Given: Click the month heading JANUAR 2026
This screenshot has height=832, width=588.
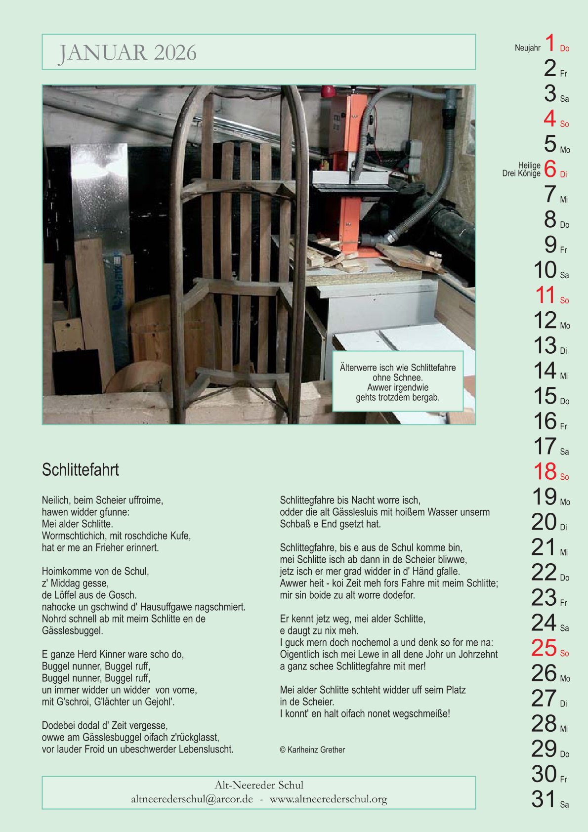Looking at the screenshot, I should tap(127, 52).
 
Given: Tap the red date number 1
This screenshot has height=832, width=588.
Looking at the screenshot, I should tap(550, 43).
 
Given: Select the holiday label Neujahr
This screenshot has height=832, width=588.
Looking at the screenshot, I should tap(527, 48).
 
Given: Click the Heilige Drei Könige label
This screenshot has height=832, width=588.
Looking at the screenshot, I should tap(521, 169).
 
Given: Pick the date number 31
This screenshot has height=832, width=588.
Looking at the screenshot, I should tap(544, 799).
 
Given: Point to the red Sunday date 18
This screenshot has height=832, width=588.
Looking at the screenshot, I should tap(545, 471).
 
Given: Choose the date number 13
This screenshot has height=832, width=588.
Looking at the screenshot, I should tap(545, 345).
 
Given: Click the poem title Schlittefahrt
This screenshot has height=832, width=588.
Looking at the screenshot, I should tap(81, 469).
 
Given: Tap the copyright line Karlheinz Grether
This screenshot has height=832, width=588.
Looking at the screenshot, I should tap(312, 749).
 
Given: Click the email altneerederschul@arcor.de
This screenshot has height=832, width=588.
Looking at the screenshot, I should tap(192, 799).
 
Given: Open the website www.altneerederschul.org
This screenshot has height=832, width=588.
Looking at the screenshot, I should tap(328, 799).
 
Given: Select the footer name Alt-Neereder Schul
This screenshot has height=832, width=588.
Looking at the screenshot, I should tap(259, 785).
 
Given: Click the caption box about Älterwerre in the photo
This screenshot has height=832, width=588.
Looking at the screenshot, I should tap(398, 381).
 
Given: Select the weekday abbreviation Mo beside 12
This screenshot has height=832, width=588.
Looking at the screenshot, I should tap(565, 326).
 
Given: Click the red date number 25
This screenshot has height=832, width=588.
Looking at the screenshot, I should tap(544, 648).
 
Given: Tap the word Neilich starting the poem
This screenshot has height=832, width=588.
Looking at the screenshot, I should tap(56, 500).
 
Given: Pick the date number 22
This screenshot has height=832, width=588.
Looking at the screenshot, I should tap(544, 572).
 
